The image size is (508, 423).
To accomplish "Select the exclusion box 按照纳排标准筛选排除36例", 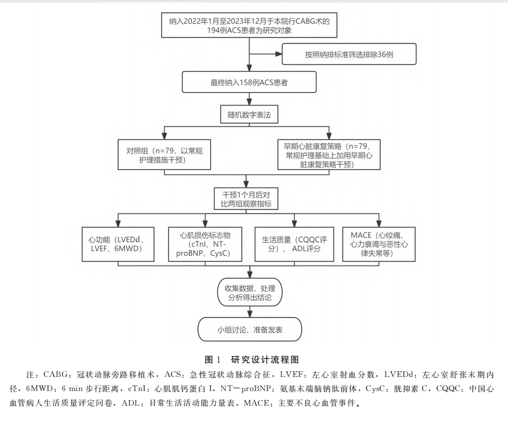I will pyautogui.click(x=349, y=55).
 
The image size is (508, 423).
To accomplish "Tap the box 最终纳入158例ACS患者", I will pyautogui.click(x=249, y=83).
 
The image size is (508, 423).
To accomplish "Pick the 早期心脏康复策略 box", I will pyautogui.click(x=329, y=154).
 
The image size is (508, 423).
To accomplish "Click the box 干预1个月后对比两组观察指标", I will pyautogui.click(x=249, y=199).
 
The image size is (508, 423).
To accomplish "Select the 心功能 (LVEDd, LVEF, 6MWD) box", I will pyautogui.click(x=118, y=243).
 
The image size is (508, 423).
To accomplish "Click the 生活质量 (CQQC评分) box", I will pyautogui.click(x=294, y=243).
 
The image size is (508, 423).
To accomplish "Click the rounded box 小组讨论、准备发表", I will pyautogui.click(x=249, y=330).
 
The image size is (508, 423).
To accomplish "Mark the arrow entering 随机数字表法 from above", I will pyautogui.click(x=249, y=102).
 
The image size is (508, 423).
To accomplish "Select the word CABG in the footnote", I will pyautogui.click(x=56, y=375).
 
